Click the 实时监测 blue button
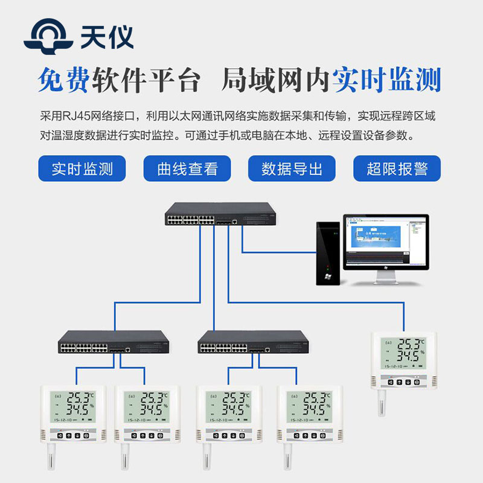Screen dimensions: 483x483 82,168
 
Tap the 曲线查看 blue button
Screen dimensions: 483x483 187,168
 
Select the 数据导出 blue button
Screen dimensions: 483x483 292,168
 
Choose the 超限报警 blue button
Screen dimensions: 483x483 397,168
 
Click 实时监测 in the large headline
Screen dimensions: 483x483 386,80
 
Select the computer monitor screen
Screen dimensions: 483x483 385,241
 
